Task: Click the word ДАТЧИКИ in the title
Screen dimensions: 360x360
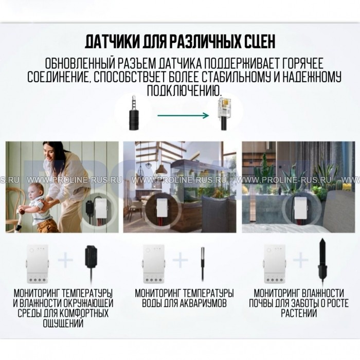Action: tap(112, 42)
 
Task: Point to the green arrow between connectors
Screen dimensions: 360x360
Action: tap(183, 115)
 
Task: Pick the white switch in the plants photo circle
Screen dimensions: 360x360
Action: tap(300, 207)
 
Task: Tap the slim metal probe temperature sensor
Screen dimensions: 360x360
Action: tap(203, 264)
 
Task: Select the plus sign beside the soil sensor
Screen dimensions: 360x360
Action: tap(300, 260)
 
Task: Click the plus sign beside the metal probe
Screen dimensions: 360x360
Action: tap(180, 260)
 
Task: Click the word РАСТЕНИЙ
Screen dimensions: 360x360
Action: tap(299, 313)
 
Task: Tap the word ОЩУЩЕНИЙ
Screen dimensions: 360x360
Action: tap(63, 323)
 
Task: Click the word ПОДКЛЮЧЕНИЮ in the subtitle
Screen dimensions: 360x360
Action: tap(185, 90)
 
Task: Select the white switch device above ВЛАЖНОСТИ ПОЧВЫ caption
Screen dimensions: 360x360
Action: tap(274, 264)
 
